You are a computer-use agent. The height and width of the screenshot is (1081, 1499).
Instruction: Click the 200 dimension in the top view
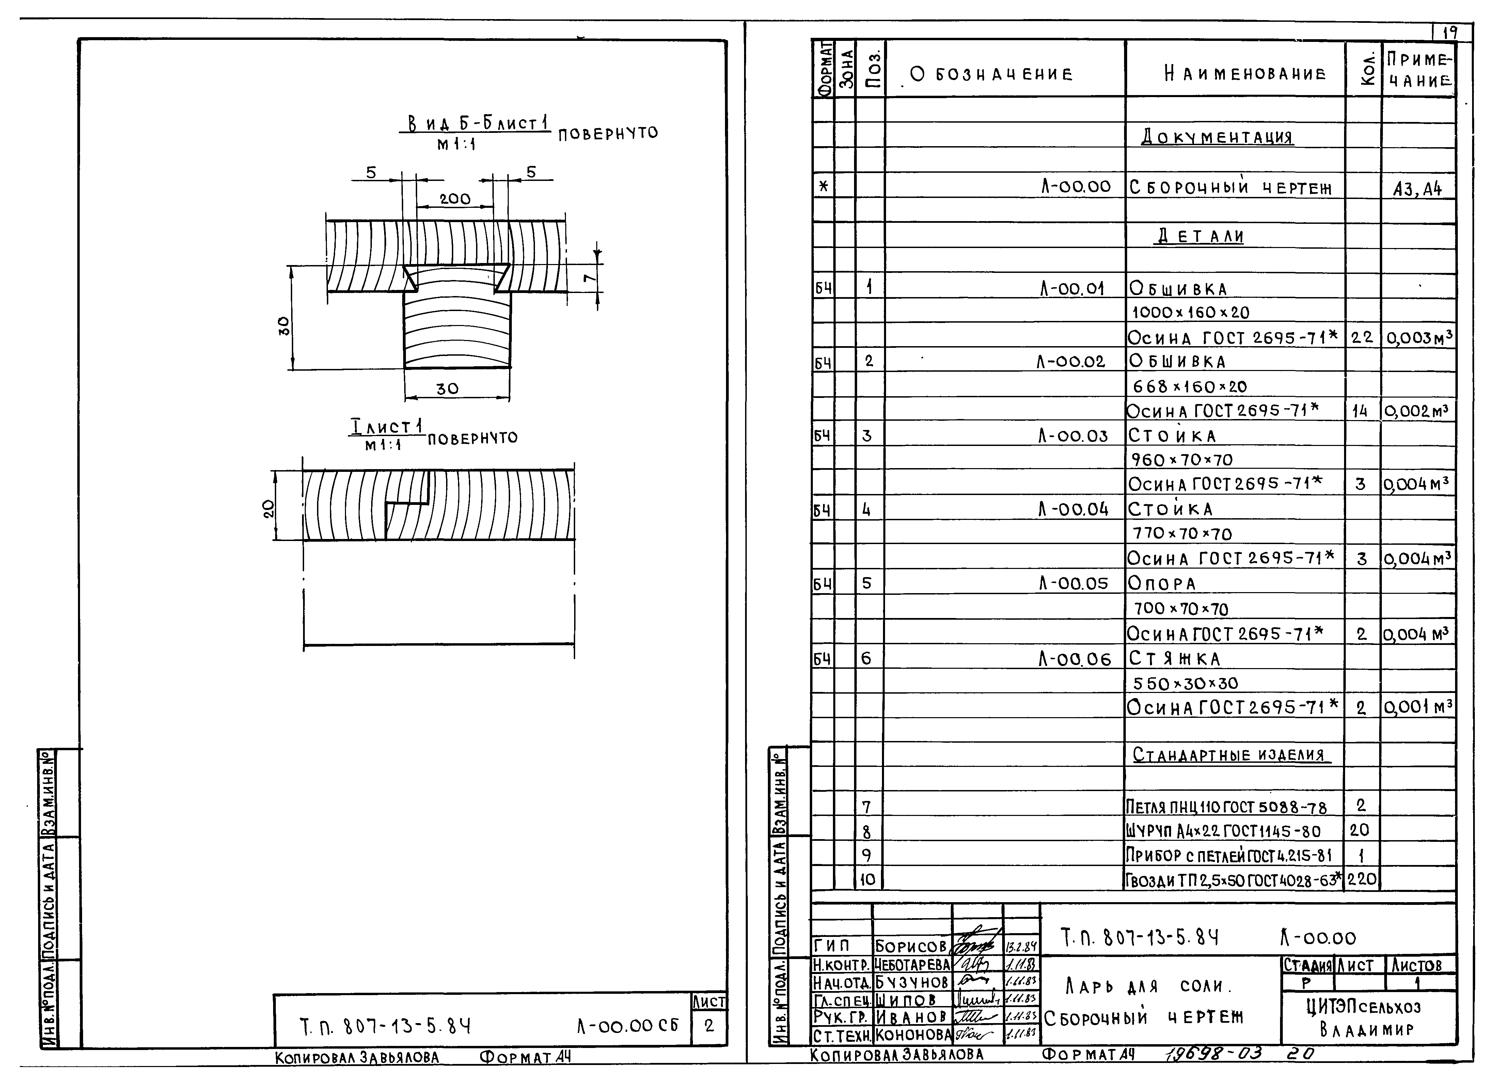click(455, 198)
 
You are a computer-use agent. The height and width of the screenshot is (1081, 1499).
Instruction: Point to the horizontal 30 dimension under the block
click(447, 389)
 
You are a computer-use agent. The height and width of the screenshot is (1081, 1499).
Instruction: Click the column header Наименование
click(1235, 73)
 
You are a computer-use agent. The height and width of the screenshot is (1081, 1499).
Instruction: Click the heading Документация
click(1217, 138)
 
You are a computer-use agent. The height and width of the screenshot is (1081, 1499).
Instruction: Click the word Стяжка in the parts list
click(1174, 659)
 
